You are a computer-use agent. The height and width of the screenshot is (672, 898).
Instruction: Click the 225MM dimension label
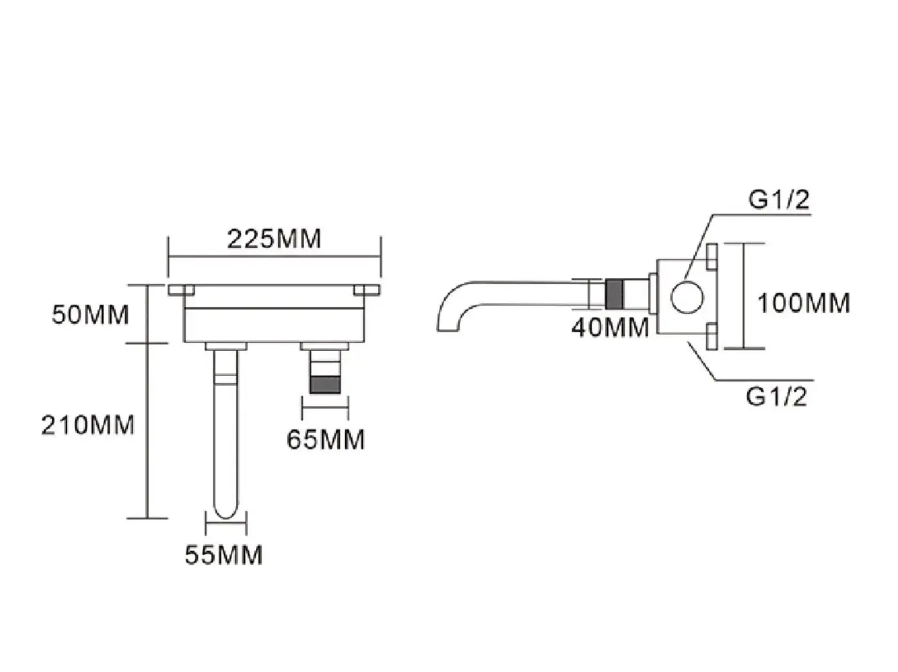(x=274, y=239)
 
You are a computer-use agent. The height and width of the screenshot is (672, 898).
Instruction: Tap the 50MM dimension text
(x=91, y=314)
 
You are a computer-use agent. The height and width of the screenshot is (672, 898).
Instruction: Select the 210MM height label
(x=88, y=425)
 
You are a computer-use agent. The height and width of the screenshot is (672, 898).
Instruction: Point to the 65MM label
(x=325, y=440)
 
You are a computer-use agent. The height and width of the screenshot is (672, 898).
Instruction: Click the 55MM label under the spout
(x=223, y=555)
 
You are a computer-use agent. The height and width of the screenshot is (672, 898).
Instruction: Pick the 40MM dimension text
(x=610, y=328)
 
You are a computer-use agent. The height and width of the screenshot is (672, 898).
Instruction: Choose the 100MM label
(x=804, y=304)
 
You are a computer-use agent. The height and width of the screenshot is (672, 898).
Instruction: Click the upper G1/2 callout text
(x=779, y=200)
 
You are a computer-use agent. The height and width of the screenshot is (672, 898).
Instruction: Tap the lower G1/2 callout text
(x=777, y=396)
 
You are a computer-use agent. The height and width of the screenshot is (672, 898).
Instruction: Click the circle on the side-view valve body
(x=687, y=297)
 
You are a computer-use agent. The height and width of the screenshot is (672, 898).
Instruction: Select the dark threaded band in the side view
(x=614, y=295)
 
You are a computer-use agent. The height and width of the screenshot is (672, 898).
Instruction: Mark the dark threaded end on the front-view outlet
(x=325, y=385)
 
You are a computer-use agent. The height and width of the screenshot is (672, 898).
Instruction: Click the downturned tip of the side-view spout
(x=448, y=329)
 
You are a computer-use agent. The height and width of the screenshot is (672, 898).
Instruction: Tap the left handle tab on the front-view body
(x=181, y=290)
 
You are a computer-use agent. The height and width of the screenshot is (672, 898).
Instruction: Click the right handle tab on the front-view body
(x=367, y=290)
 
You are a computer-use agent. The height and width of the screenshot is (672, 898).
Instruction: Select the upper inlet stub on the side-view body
(x=712, y=257)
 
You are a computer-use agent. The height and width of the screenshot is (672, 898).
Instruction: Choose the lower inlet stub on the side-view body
(x=712, y=336)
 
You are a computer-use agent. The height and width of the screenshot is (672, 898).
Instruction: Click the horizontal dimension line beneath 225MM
(x=274, y=257)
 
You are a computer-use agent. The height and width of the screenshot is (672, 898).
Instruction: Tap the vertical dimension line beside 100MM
(x=743, y=296)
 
